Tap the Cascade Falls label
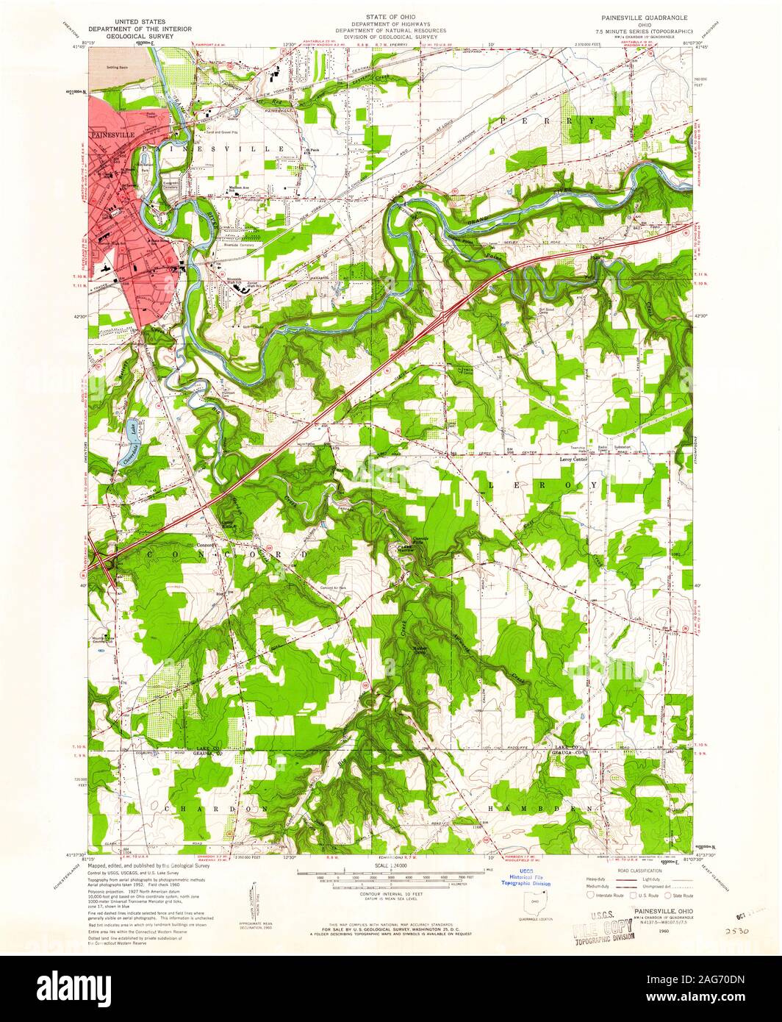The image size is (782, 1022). (415, 537)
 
